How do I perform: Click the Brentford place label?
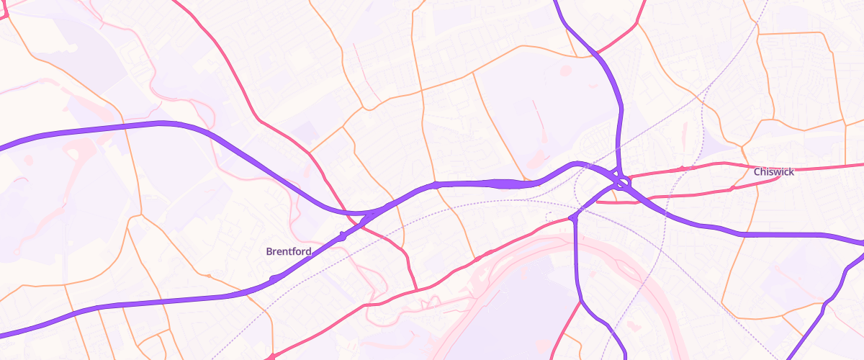[289, 251]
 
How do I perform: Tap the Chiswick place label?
[773, 172]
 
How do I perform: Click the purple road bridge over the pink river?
[576, 248]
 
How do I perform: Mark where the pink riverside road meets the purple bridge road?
[572, 217]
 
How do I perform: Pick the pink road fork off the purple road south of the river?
[580, 302]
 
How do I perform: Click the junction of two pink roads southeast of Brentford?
[417, 290]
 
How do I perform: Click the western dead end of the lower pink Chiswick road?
[599, 202]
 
